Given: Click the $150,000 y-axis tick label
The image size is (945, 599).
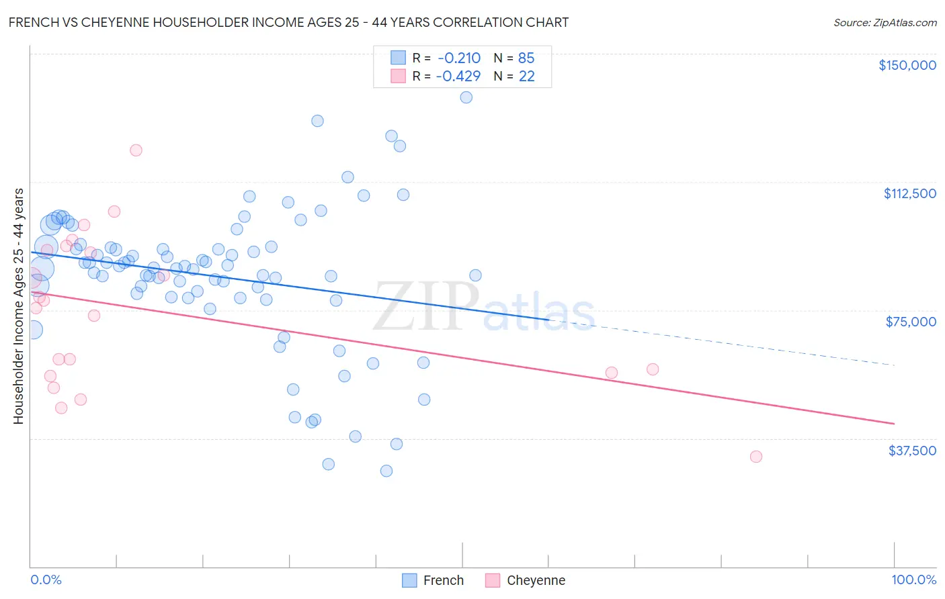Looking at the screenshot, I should click(907, 65).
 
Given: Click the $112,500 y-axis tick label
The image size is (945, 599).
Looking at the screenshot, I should click(909, 193).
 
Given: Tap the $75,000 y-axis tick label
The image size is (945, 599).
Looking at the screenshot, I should click(911, 322).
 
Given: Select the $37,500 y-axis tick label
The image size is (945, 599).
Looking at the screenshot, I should click(912, 451).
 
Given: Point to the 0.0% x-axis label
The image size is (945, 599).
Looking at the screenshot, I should click(46, 580).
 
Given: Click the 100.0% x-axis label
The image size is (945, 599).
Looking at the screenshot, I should click(913, 580).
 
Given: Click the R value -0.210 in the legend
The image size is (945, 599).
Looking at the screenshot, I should click(458, 58).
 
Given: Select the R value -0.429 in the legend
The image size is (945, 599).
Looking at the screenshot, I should click(458, 77).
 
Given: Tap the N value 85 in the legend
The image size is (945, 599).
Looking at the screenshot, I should click(526, 58).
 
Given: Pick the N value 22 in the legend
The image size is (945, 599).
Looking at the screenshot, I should click(526, 77).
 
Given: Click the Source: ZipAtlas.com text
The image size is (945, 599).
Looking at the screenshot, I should click(885, 22).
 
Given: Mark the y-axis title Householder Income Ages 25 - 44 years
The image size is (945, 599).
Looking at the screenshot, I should click(18, 306).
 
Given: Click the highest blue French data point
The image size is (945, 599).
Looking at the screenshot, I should click(466, 97).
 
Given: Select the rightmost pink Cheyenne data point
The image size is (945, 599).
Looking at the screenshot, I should click(755, 457).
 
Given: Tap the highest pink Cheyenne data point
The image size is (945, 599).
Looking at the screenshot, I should click(136, 150).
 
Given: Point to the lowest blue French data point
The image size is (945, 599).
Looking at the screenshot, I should click(386, 471).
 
